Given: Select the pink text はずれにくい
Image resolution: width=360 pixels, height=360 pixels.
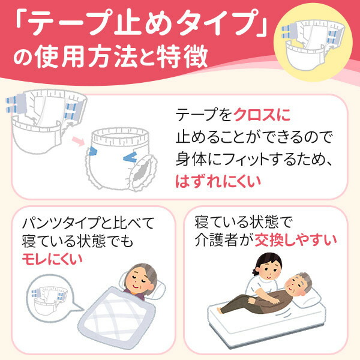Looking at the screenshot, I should tap(215, 181).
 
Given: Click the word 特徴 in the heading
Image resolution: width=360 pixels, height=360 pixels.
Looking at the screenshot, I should tap(185, 57).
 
